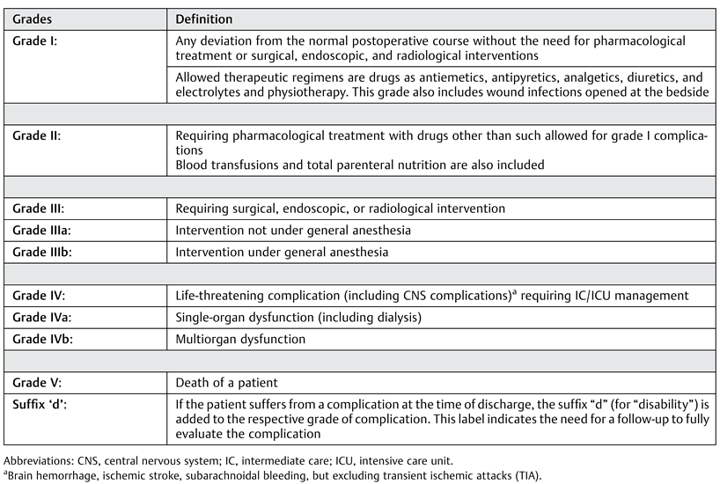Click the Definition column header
(204, 18)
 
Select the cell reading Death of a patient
(228, 383)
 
